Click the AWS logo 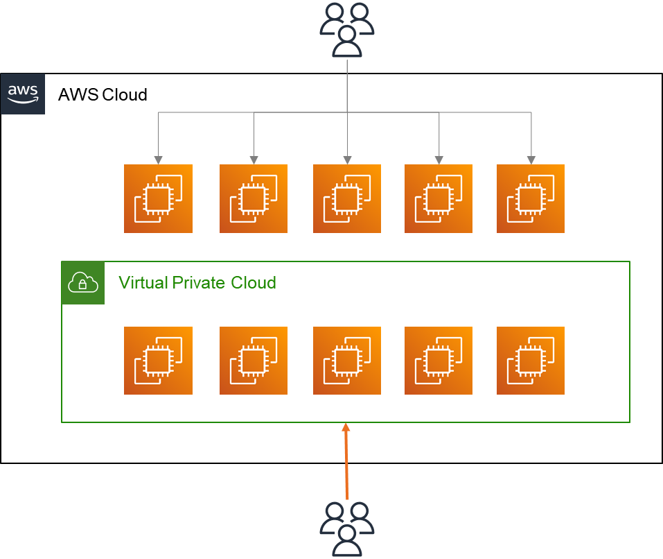[x=23, y=94]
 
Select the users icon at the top [x=346, y=28]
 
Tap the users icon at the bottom [x=346, y=529]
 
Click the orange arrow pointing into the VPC [x=346, y=461]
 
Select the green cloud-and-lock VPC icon [x=83, y=283]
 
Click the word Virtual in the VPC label [x=139, y=283]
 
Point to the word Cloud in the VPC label [x=254, y=283]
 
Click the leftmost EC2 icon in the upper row [x=158, y=198]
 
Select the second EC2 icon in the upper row [x=254, y=198]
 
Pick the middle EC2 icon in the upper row [x=346, y=198]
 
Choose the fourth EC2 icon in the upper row [x=439, y=198]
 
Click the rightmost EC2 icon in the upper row [x=531, y=198]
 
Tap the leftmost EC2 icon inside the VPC [x=158, y=361]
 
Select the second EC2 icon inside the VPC [x=254, y=361]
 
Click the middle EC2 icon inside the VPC [x=346, y=361]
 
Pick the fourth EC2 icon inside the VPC [x=439, y=361]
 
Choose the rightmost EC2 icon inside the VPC [x=531, y=361]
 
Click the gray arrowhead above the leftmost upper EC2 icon [x=159, y=160]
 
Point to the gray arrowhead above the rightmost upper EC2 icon [x=531, y=160]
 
